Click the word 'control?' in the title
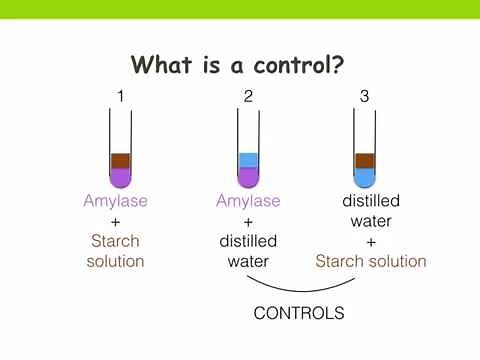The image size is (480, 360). (x=293, y=66)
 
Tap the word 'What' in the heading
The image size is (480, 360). (x=162, y=66)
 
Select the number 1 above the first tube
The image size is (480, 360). (x=120, y=97)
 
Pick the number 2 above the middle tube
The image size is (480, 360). (x=248, y=97)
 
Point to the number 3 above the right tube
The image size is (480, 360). (x=365, y=97)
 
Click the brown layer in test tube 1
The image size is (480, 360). (x=120, y=160)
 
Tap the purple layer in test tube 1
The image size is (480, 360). (x=120, y=177)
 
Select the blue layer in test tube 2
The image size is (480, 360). (x=248, y=160)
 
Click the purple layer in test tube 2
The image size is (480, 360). (x=248, y=177)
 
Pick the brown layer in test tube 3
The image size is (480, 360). (x=365, y=160)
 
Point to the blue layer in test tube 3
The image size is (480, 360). (x=365, y=177)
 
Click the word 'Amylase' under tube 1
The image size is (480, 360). (x=115, y=201)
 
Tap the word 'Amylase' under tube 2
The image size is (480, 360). (x=248, y=201)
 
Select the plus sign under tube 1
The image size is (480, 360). (x=115, y=221)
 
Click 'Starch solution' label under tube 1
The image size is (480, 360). (x=116, y=251)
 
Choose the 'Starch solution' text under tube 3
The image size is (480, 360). (x=371, y=261)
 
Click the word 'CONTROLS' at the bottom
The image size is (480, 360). (x=299, y=313)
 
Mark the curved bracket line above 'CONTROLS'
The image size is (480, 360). (x=299, y=289)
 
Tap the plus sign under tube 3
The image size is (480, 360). (x=371, y=241)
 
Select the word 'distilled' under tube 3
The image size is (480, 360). (x=371, y=201)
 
